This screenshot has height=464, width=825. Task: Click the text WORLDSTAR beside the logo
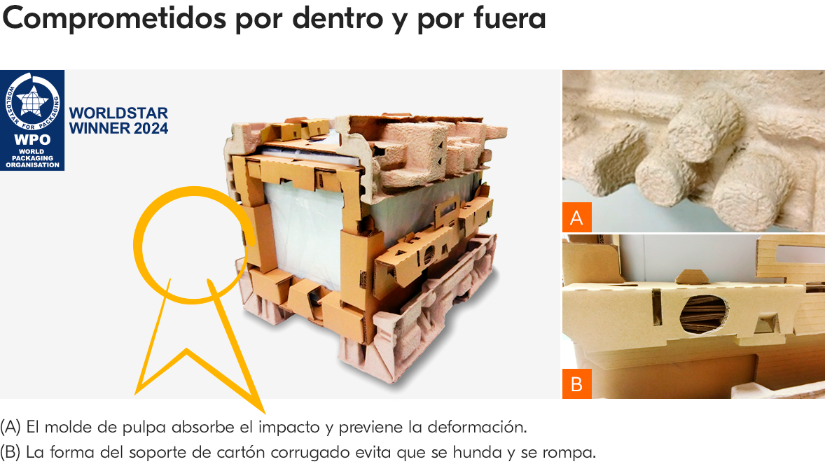click(x=119, y=113)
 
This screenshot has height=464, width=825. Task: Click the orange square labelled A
click(x=576, y=218)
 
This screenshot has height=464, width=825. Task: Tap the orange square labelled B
click(x=576, y=384)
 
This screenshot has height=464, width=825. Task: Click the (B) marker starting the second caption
click(x=11, y=452)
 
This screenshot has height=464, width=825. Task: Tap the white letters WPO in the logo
click(x=32, y=139)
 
